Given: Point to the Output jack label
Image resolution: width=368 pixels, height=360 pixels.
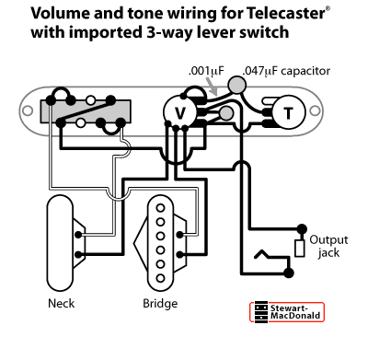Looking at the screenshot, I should coord(328,245).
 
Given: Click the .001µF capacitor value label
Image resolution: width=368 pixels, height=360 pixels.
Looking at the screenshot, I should coord(204,71).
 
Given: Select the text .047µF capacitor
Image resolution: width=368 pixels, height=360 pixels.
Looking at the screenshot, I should coord(285,71).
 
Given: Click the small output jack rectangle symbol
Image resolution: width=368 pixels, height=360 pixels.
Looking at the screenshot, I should coord(299,246).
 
